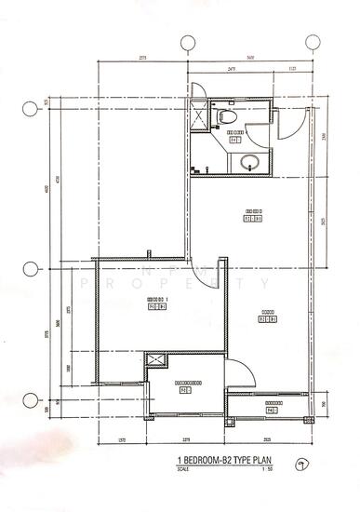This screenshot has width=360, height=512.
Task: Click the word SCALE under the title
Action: coord(181,468)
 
